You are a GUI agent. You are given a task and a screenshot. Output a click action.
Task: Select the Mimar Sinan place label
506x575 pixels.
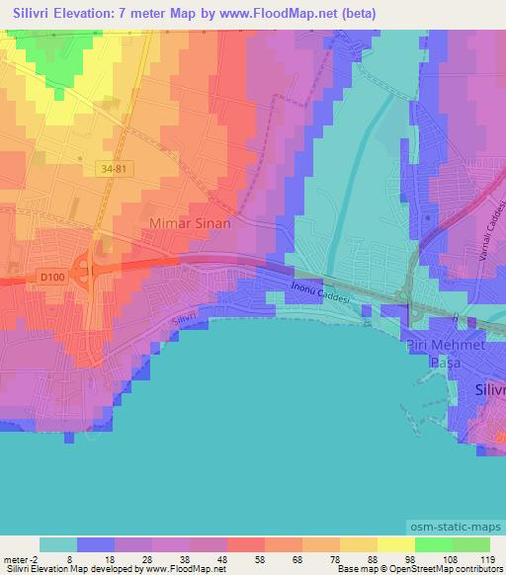pyautogui.click(x=191, y=223)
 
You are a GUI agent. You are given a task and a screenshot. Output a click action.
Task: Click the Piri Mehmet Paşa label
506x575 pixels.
pyautogui.click(x=446, y=353)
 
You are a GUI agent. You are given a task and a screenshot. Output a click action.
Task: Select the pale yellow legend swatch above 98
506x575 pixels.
pyautogui.click(x=395, y=544)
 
